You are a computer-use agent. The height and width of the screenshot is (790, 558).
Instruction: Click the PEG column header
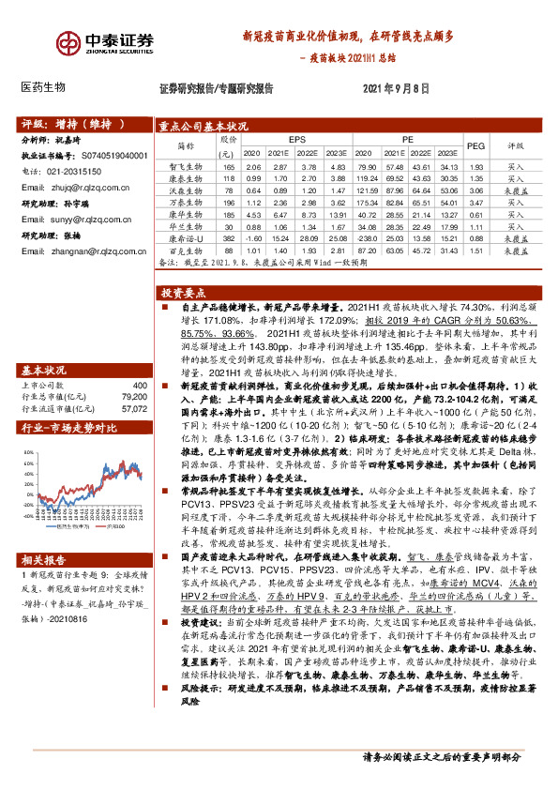[x=475, y=145]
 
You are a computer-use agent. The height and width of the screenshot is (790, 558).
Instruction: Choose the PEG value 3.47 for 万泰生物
[x=475, y=203]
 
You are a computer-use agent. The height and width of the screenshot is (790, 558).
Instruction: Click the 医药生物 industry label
[x=43, y=87]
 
